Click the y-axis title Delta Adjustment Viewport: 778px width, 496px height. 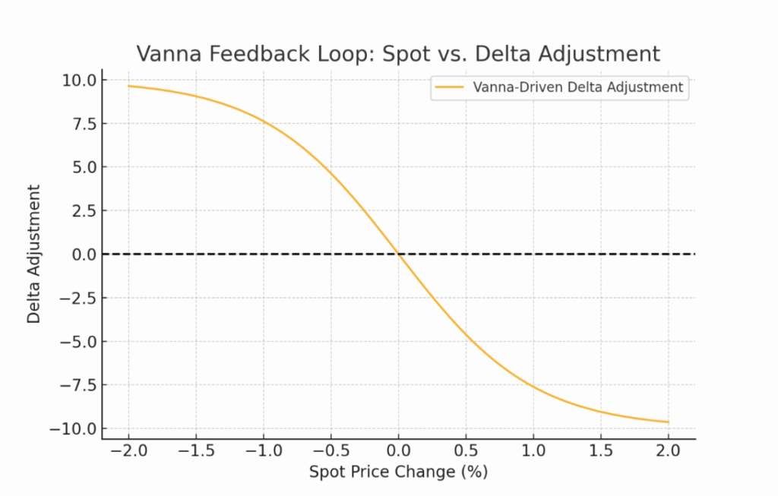[34, 254]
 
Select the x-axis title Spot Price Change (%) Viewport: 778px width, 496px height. [398, 472]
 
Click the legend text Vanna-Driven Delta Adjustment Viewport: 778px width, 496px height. [578, 87]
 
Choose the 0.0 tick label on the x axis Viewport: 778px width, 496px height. [398, 450]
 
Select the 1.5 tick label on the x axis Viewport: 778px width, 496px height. [601, 450]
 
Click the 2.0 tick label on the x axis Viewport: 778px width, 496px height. [669, 450]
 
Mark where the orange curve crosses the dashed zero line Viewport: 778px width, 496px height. [398, 254]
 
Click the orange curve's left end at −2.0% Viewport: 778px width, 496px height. [128, 86]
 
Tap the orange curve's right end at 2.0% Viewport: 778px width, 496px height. [669, 422]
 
